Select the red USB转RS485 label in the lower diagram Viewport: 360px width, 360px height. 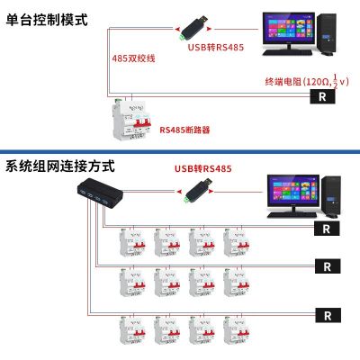coord(202,168)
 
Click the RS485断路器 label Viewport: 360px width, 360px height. coord(184,130)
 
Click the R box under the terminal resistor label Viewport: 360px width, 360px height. coord(320,96)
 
